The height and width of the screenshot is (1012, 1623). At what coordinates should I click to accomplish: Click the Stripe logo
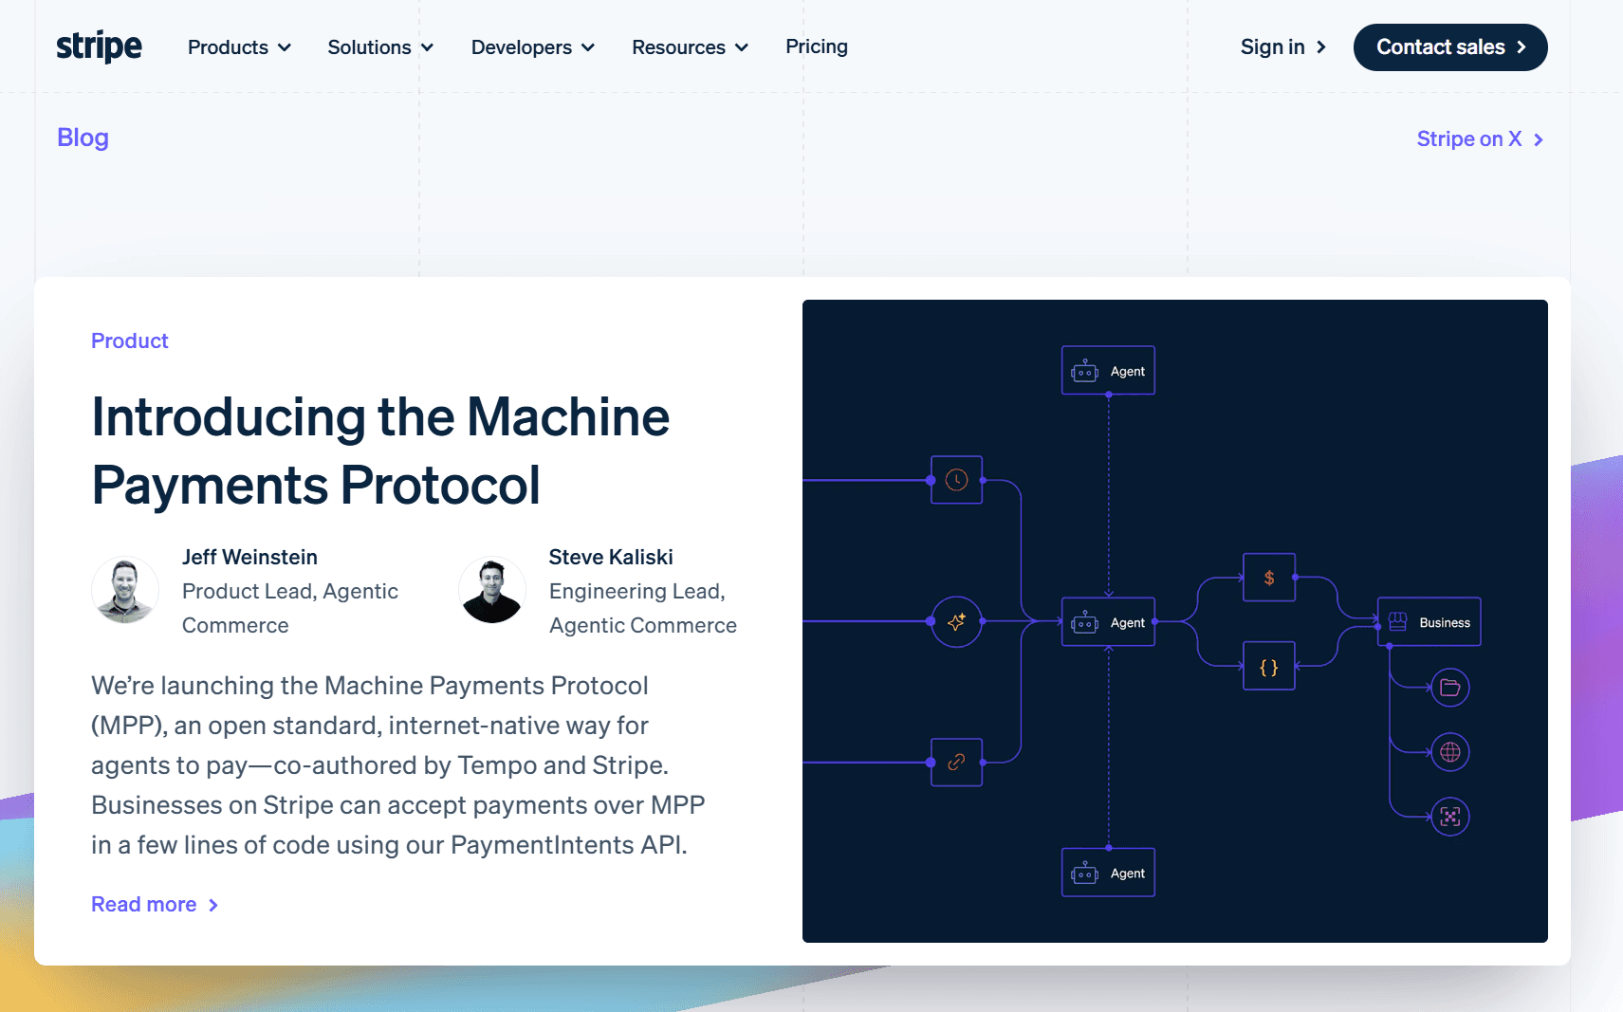point(99,46)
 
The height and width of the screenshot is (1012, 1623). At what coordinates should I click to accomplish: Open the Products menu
point(239,47)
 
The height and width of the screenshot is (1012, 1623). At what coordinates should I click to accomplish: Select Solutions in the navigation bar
point(380,47)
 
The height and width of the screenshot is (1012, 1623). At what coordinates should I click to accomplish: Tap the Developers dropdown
point(532,47)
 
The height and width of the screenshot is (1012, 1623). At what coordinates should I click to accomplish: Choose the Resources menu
point(690,47)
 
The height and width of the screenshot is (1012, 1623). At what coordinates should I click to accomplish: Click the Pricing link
point(816,46)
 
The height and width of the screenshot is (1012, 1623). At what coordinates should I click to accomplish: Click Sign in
point(1282,47)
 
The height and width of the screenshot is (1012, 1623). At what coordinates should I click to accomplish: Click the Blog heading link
point(83,138)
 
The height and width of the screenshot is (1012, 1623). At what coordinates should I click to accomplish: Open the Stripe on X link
point(1479,139)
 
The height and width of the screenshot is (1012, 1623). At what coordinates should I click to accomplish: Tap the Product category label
point(129,340)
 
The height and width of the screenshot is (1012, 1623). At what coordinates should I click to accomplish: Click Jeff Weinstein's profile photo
point(124,590)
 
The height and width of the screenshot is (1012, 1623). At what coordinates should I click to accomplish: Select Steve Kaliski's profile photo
point(491,590)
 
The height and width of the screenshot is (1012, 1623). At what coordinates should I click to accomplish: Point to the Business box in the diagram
point(1429,622)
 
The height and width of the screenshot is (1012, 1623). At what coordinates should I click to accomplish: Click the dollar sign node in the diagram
point(1268,578)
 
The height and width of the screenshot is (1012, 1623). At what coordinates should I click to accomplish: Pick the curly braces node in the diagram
point(1268,667)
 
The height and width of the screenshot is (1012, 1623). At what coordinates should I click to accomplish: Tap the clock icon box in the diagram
point(956,480)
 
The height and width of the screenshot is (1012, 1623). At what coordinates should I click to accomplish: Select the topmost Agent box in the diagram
point(1108,371)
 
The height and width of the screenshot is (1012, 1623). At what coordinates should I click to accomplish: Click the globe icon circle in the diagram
point(1449,752)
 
